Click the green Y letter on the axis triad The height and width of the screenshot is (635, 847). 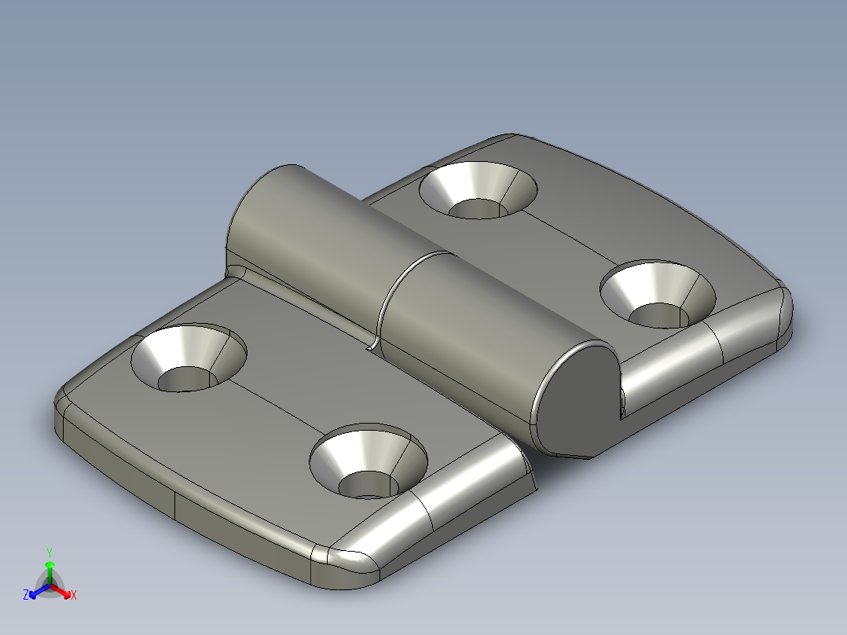(x=49, y=552)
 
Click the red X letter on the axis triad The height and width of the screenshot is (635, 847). (x=74, y=596)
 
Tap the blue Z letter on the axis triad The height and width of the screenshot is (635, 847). (x=26, y=596)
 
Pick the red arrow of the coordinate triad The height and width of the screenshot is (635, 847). (x=64, y=591)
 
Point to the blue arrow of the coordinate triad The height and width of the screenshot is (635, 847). (x=35, y=592)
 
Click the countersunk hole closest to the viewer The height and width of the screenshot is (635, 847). (x=368, y=464)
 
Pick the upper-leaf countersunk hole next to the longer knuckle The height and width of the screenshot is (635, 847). (x=478, y=191)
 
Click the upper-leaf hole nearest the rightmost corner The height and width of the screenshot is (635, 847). (x=658, y=295)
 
